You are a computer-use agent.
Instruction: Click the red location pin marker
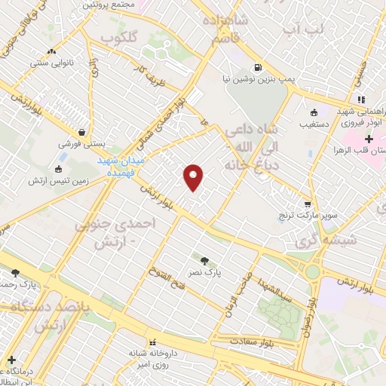[194, 176]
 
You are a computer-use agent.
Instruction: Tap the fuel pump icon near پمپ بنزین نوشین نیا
[259, 68]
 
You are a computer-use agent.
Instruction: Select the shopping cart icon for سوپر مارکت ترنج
[308, 204]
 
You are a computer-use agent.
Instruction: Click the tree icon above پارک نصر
[204, 260]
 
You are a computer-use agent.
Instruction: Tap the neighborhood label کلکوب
[119, 37]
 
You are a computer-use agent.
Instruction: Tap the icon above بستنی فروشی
[81, 130]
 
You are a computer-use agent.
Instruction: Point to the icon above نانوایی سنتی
[51, 52]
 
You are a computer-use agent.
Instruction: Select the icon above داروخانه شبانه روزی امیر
[152, 341]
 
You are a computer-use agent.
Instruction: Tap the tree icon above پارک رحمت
[15, 273]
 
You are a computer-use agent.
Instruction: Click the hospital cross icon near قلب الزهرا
[369, 139]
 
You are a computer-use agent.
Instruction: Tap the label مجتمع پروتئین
[112, 5]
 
